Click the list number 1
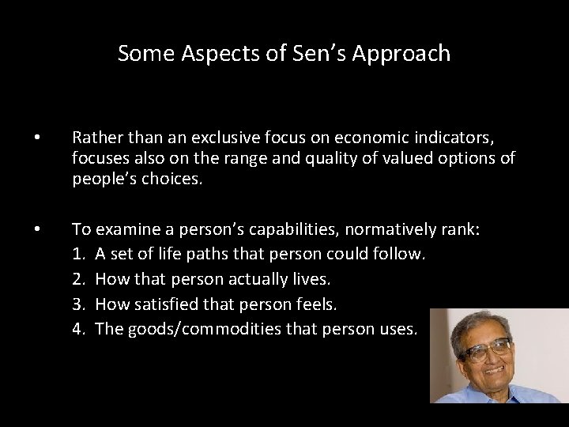(x=77, y=255)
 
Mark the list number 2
(x=77, y=279)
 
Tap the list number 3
(x=77, y=304)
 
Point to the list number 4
(x=77, y=328)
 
